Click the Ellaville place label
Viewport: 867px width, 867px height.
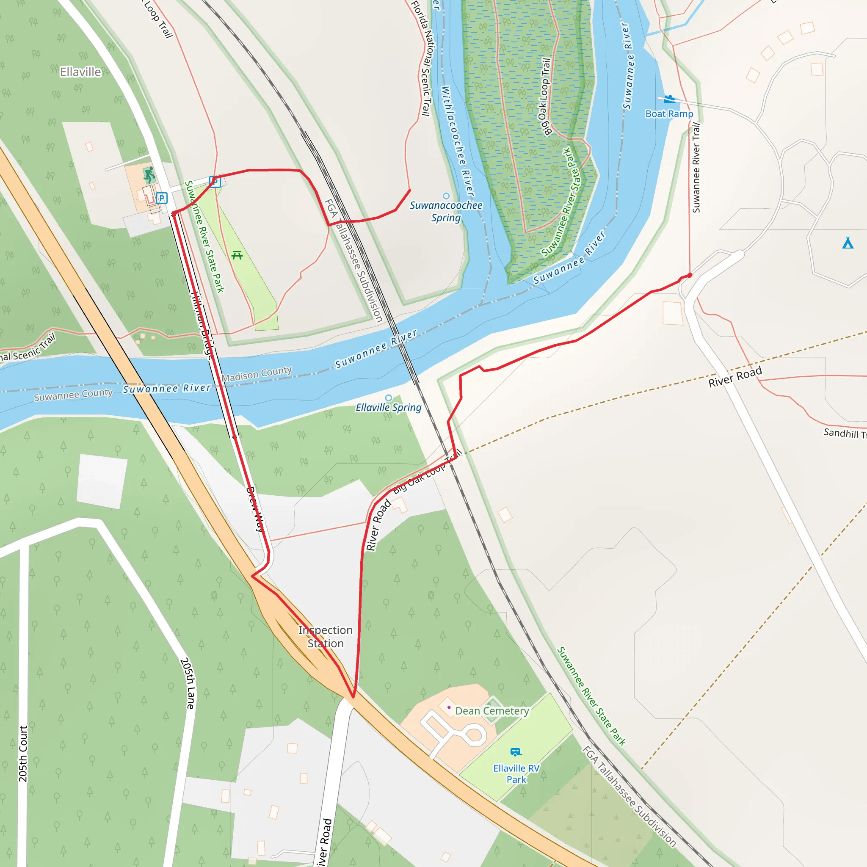click(x=81, y=72)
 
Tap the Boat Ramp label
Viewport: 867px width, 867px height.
click(x=669, y=114)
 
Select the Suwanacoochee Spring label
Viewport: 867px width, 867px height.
click(x=446, y=211)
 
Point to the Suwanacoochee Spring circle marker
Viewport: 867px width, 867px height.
click(x=446, y=196)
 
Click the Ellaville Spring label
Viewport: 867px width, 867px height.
click(x=389, y=408)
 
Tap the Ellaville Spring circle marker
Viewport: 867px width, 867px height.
click(x=389, y=398)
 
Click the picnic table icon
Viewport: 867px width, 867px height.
click(x=237, y=255)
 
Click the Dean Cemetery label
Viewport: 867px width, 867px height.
click(x=492, y=711)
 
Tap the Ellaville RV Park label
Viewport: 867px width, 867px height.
click(x=516, y=774)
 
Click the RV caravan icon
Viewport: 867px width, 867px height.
click(x=516, y=752)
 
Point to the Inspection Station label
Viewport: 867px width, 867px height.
click(x=326, y=636)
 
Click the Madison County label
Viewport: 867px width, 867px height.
click(x=257, y=374)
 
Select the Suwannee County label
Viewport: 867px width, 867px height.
click(x=73, y=395)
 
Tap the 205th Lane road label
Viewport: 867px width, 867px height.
click(x=188, y=683)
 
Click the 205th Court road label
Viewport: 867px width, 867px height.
click(x=23, y=754)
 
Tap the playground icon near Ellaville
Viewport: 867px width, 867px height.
click(x=149, y=174)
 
